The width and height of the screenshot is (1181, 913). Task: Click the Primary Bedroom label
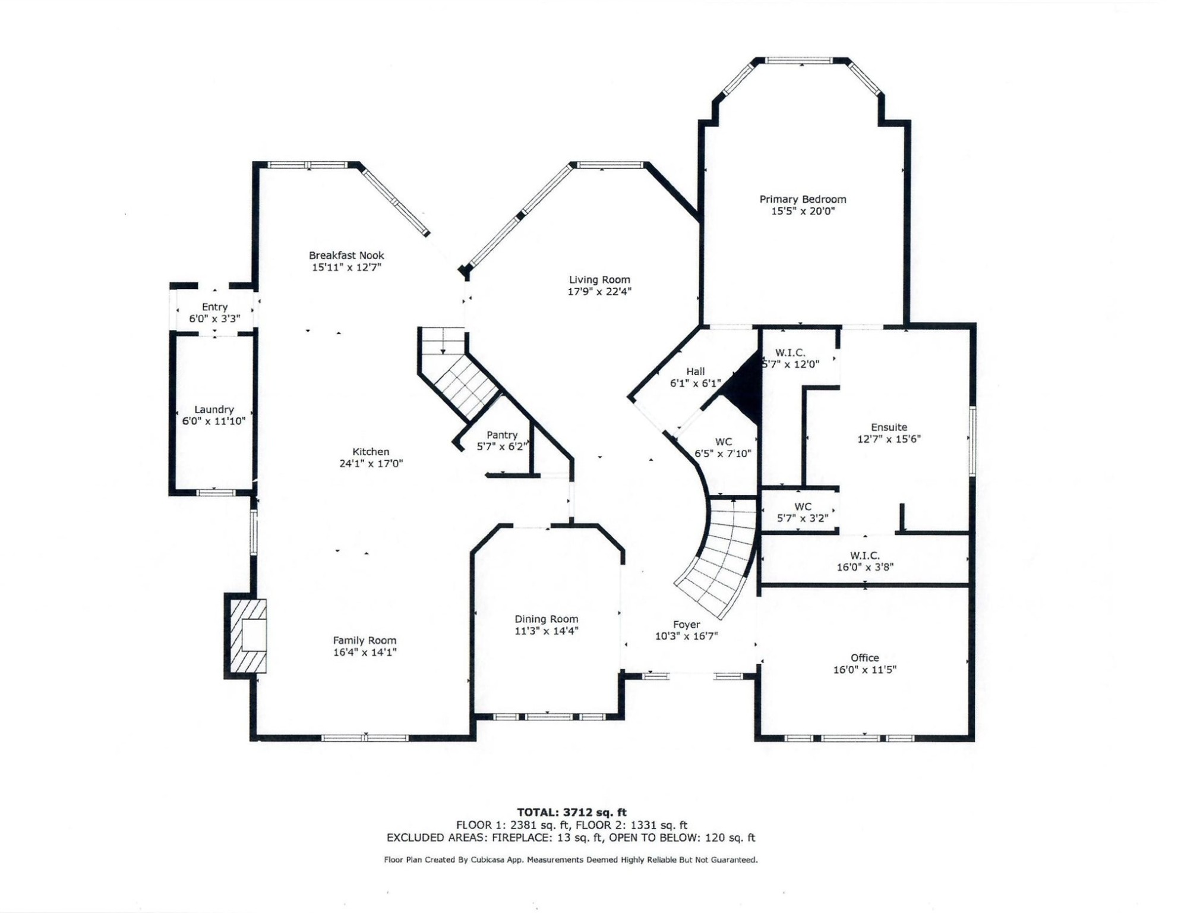[803, 200]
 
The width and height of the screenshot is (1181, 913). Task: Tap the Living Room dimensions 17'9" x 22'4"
[599, 291]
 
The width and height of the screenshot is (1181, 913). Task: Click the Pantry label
[501, 435]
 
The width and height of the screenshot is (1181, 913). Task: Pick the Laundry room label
[214, 410]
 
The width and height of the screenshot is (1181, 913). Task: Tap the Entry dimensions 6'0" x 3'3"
[214, 319]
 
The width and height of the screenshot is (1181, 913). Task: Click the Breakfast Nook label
[346, 256]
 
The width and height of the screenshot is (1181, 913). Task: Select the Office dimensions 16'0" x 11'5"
[864, 670]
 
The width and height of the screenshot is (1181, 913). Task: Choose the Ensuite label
[889, 427]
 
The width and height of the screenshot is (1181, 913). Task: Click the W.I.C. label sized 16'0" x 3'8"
[864, 556]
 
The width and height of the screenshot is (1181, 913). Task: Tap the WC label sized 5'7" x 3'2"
[803, 507]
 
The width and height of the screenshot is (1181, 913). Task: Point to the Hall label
[695, 372]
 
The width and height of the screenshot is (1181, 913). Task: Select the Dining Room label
[546, 619]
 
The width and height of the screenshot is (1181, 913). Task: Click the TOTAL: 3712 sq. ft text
[571, 812]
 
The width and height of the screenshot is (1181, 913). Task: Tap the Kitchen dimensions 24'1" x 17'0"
[371, 464]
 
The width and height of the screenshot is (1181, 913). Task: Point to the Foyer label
[686, 625]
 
